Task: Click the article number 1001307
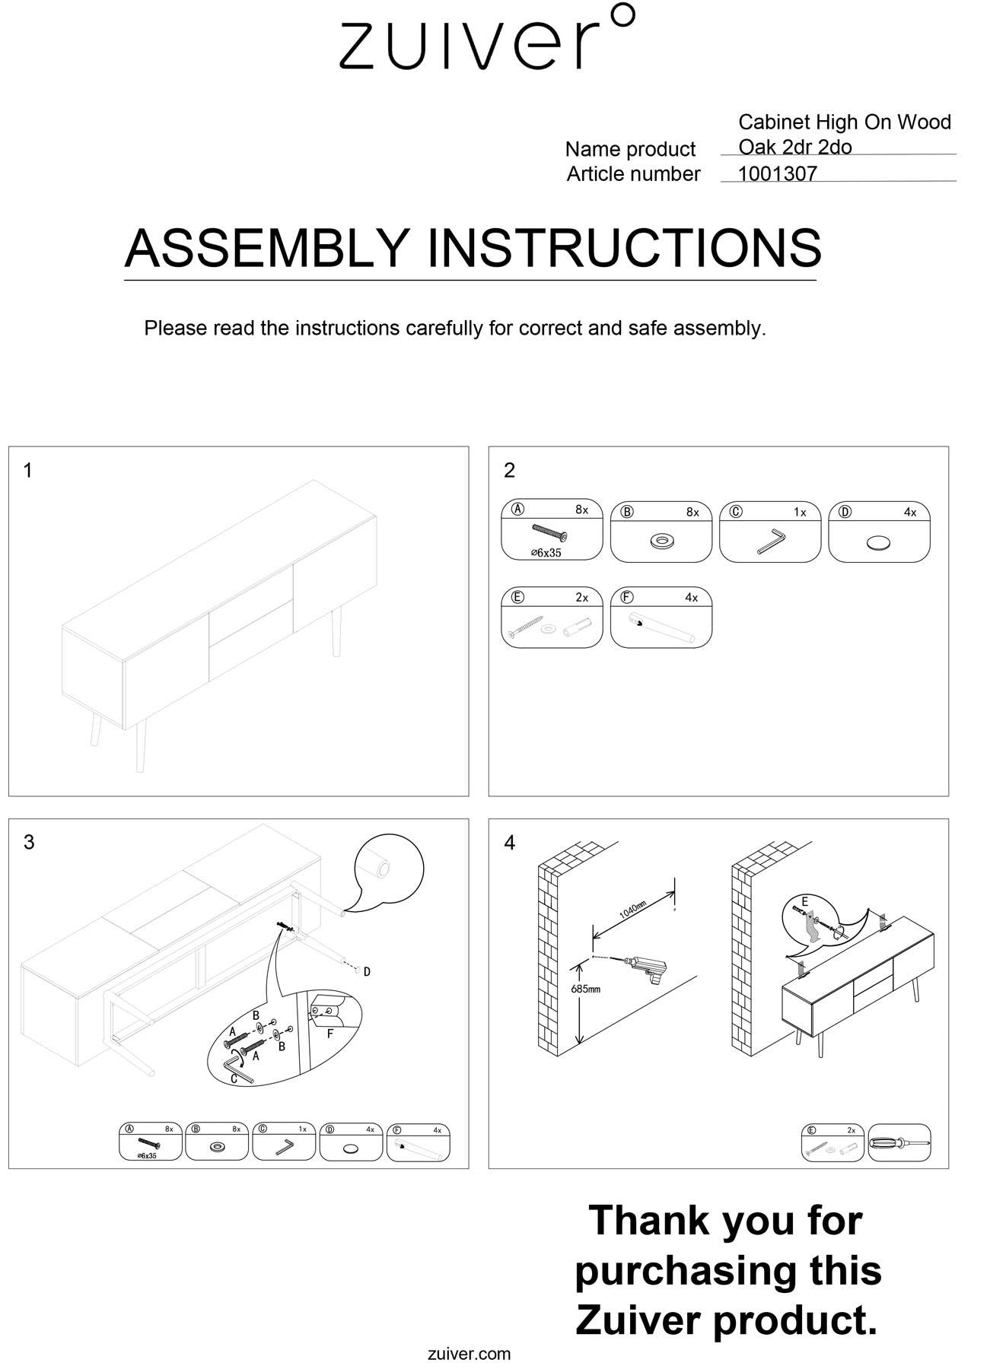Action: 777,173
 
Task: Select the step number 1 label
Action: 28,471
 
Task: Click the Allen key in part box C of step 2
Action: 772,542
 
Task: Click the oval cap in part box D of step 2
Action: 878,543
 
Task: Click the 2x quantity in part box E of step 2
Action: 581,598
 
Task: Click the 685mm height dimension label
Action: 585,989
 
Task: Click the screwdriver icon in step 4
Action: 899,1143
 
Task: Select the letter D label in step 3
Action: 367,971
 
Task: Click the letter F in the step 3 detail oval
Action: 329,1034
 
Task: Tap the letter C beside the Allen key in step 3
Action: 234,1078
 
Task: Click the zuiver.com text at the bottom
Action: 470,1354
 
